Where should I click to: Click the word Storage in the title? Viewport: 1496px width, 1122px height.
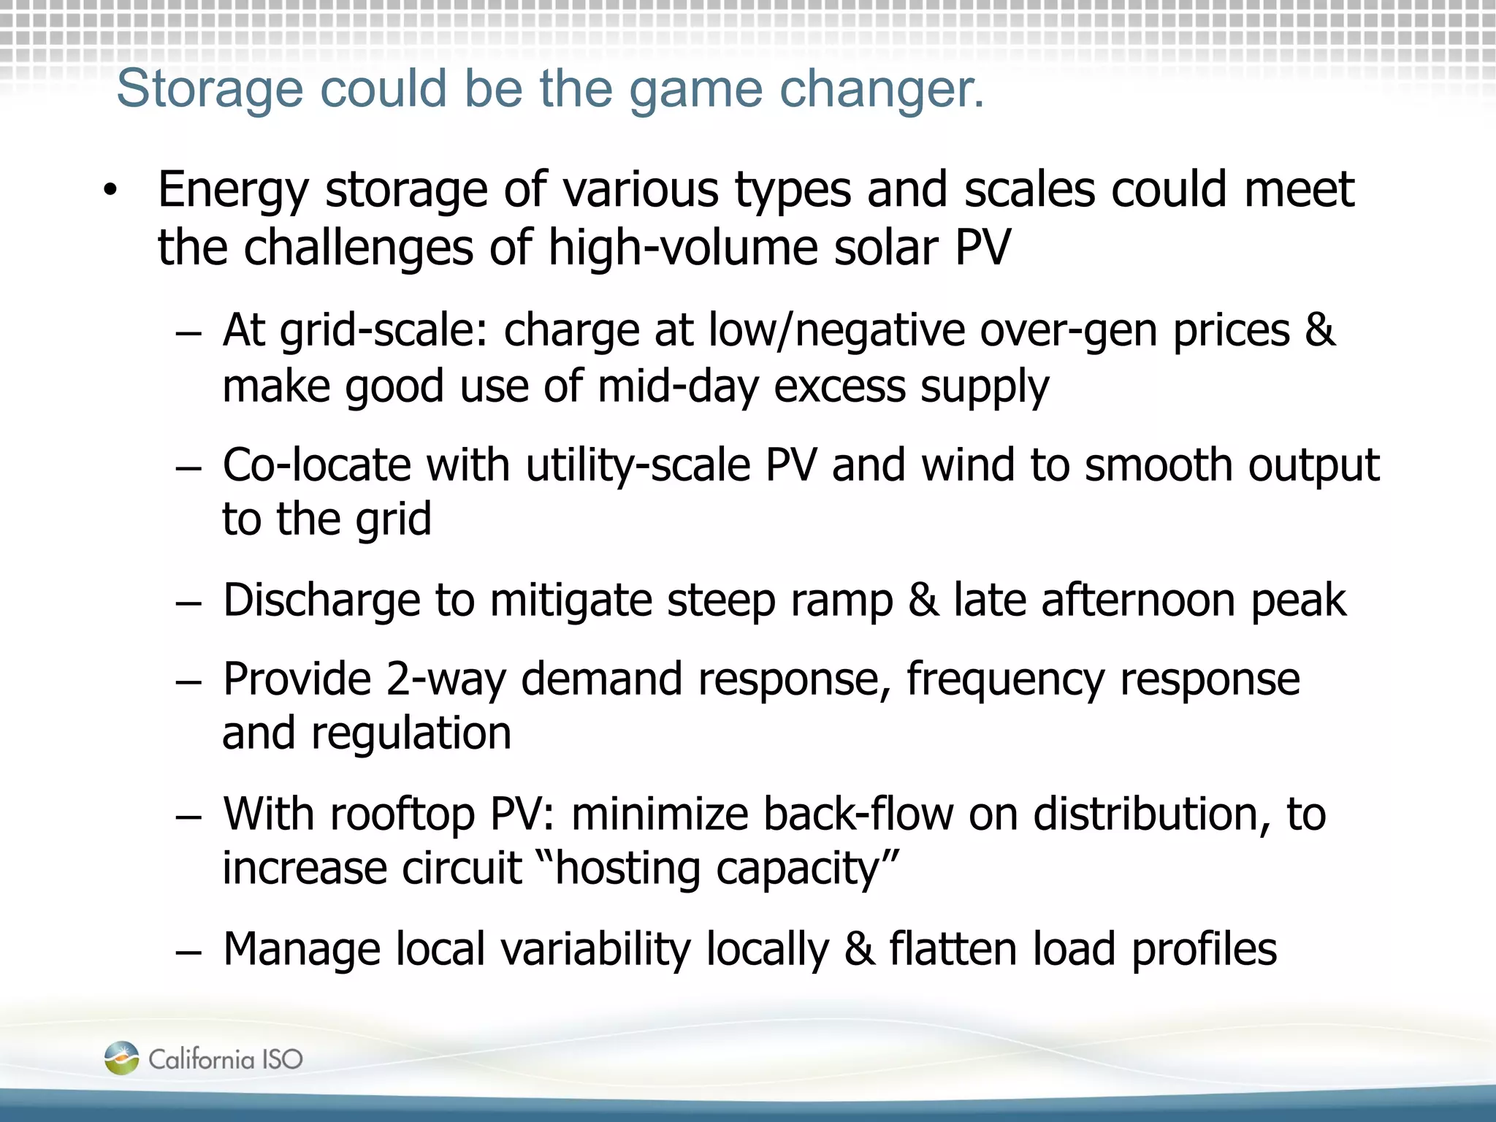pos(209,89)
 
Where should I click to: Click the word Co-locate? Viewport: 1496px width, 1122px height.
pos(316,465)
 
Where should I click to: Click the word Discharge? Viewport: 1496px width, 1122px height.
pos(321,600)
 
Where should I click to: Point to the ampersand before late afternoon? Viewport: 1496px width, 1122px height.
pos(923,600)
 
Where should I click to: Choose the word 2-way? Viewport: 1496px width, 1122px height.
pos(445,680)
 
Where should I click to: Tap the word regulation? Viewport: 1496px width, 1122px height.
pos(411,734)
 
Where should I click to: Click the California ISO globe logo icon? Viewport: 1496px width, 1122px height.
pos(121,1058)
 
